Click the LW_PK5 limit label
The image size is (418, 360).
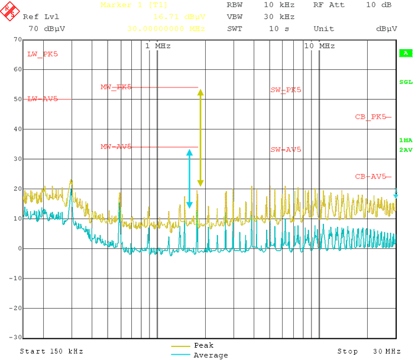click(43, 54)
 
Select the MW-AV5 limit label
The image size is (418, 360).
click(116, 147)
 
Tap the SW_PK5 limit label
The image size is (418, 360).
click(286, 90)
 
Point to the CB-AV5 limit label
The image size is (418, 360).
click(371, 177)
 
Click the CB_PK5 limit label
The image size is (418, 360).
click(371, 117)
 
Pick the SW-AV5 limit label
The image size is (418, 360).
click(286, 150)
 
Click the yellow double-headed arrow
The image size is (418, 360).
click(200, 137)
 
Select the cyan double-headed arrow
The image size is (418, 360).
click(190, 179)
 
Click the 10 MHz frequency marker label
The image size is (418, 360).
click(319, 46)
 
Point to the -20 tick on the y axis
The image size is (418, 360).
click(14, 308)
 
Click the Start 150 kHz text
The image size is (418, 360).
click(51, 351)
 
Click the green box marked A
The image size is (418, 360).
click(406, 53)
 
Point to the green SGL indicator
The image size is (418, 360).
click(406, 82)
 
